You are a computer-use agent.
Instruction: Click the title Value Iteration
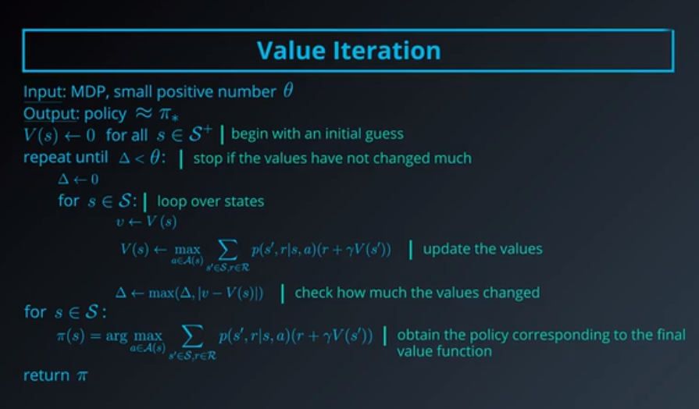tap(349, 51)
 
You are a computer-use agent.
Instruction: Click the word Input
tap(41, 92)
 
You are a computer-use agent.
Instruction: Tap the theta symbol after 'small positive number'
tap(287, 91)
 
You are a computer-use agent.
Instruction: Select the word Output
tap(46, 113)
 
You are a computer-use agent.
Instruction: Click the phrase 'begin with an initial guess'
tap(317, 133)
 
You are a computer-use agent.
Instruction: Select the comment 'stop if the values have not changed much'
tap(331, 158)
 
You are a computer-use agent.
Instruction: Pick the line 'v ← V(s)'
tap(146, 222)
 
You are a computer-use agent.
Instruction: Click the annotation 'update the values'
tap(483, 250)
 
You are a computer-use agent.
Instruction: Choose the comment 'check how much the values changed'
tap(417, 293)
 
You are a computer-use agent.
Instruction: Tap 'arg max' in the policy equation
tap(148, 336)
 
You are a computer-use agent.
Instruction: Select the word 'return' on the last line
tap(46, 375)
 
